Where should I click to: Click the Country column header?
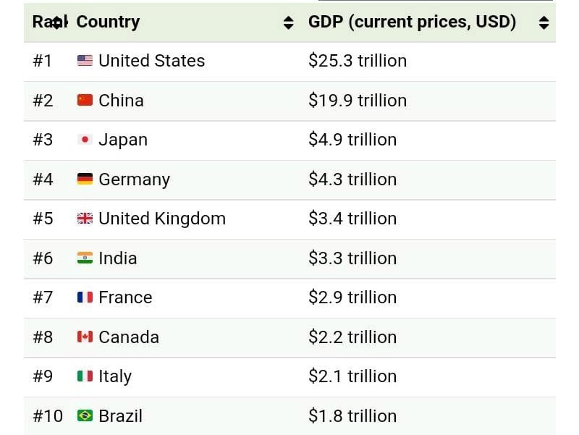coord(108,22)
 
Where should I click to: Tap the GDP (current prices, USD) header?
coord(412,22)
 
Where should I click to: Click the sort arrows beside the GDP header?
coord(544,22)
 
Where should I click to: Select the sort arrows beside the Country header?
coord(288,22)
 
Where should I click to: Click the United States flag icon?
coord(85,61)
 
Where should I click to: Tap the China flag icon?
coord(85,100)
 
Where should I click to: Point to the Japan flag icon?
coord(85,140)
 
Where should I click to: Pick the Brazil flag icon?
coord(85,415)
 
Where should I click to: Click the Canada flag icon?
coord(85,337)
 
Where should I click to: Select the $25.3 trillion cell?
coord(358,61)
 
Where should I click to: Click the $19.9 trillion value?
coord(358,100)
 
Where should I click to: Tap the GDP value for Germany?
coord(352,179)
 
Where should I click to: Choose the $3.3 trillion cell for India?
coord(352,258)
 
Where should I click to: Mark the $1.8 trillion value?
coord(352,415)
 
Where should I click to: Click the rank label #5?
coord(43,219)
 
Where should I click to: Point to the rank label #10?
coord(47,415)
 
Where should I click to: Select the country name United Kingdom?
coord(162,219)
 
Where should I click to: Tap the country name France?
coord(126,297)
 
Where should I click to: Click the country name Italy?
coord(115,376)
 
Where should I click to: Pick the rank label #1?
coord(43,61)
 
